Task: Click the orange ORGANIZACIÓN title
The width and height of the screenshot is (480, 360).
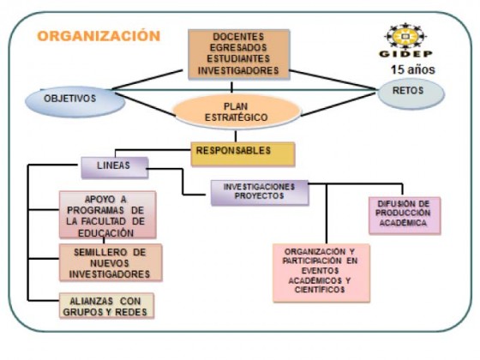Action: tap(99, 36)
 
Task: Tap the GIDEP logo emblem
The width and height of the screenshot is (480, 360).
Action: tap(405, 36)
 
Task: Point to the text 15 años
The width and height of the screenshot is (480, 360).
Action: tap(412, 69)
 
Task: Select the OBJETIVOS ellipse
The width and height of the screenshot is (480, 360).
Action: tap(75, 101)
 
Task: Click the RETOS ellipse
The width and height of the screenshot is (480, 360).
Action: tap(411, 93)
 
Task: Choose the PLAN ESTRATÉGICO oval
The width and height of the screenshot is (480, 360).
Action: tap(237, 111)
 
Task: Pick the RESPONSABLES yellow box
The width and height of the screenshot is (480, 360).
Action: tap(243, 154)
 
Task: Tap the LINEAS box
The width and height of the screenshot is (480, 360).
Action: tap(115, 167)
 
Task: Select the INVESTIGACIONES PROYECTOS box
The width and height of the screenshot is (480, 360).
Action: tap(260, 192)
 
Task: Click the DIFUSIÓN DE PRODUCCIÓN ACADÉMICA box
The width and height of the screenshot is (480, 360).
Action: tap(405, 215)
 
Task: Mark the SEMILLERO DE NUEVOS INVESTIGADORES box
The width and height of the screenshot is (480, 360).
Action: tap(111, 262)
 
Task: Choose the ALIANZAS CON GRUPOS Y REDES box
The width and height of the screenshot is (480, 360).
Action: tap(106, 305)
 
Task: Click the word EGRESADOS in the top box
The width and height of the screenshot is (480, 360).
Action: tap(238, 47)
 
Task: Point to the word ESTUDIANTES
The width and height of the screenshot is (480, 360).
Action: tap(238, 58)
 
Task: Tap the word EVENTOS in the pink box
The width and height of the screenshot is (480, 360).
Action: tap(320, 271)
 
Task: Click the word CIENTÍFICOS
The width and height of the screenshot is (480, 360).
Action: tap(320, 290)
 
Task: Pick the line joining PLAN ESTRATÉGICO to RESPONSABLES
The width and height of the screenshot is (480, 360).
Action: tap(236, 135)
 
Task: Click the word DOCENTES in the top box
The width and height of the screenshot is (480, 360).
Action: tap(238, 37)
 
